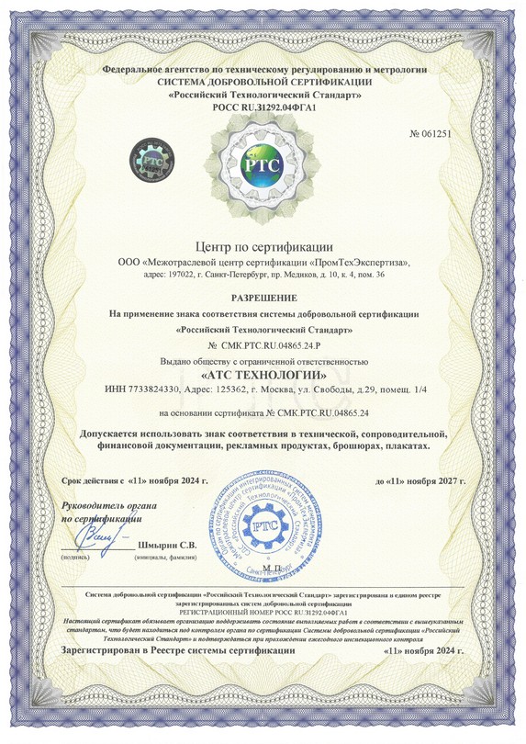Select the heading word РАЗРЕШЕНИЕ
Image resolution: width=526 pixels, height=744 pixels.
[x=263, y=299]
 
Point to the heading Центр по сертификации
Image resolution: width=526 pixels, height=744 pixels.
[x=263, y=246]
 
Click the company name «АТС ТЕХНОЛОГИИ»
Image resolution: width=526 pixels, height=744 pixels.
[x=263, y=376]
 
